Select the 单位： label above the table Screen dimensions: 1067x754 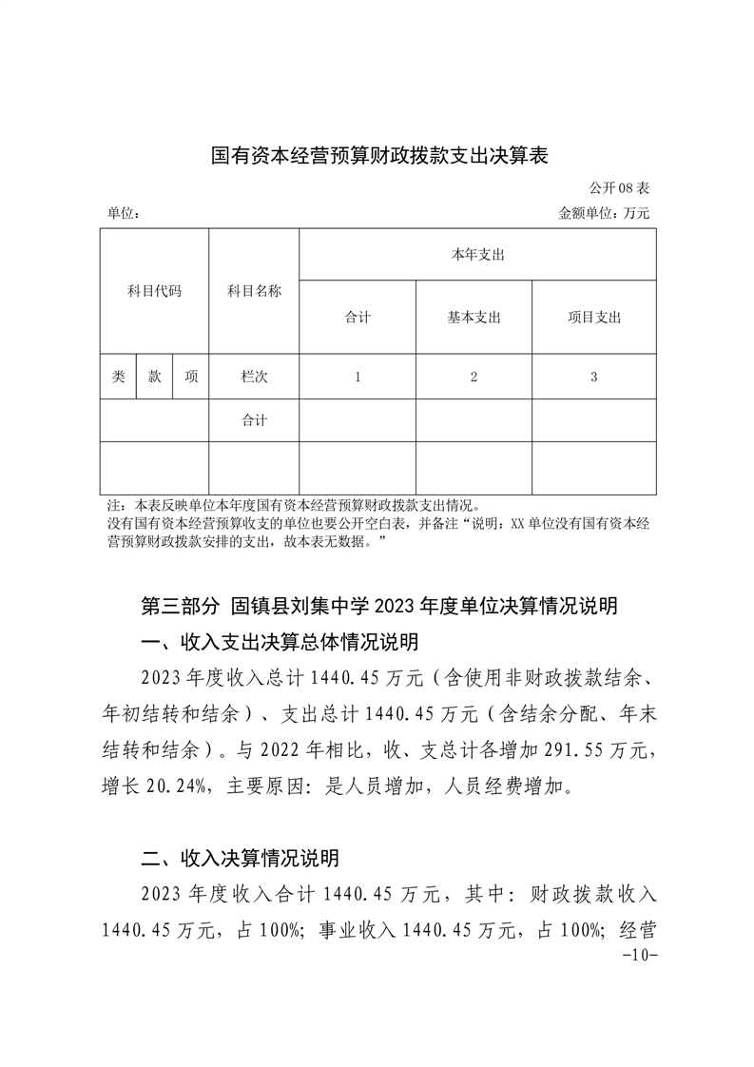pos(124,214)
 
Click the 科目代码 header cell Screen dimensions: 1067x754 pos(154,291)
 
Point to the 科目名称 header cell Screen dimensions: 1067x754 pos(254,291)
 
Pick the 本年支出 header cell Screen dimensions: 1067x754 pos(477,255)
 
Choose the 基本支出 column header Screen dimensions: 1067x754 pos(474,318)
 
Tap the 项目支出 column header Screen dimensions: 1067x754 pos(593,318)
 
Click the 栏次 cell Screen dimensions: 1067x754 pos(254,377)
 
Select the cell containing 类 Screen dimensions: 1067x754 pos(118,377)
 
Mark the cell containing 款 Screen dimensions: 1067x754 pos(154,377)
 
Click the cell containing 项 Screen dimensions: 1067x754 pos(191,377)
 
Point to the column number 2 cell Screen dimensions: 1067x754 pos(474,377)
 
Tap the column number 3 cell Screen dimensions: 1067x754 pos(593,377)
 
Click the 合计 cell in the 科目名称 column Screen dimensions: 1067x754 pos(254,420)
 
